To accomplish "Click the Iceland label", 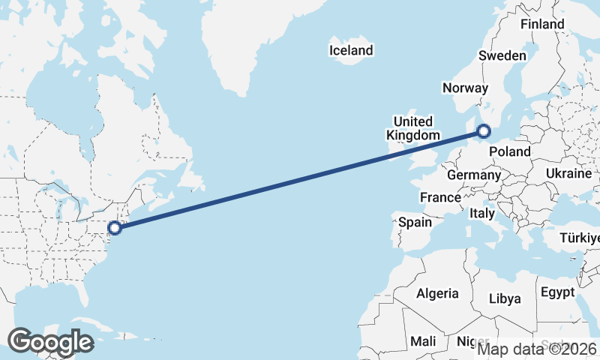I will pos(351,51).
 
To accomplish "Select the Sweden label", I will pos(502,56).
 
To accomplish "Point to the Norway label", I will pos(465,88).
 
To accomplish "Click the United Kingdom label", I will pos(412,128).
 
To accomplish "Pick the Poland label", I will pos(509,151).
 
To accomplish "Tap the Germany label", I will pos(473,175).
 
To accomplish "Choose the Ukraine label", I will pos(568,173).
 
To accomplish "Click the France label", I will pos(439,197).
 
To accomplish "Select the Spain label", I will pos(415,222).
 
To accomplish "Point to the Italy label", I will pos(482,214).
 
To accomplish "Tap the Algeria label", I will pos(437,293).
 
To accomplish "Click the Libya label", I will pos(505,298).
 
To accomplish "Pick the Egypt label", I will pos(556,292).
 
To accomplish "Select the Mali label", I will pos(423,341).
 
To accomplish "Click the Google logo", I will pos(50,342).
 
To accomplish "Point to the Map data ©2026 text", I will pos(536,348).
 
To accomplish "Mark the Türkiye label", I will pos(580,238).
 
